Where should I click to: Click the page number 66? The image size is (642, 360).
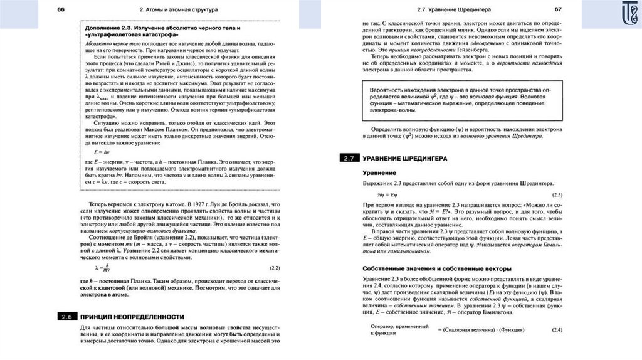tap(61, 9)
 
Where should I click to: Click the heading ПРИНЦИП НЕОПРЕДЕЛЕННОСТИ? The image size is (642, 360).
tap(133, 316)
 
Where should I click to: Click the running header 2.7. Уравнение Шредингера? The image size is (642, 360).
tap(449, 9)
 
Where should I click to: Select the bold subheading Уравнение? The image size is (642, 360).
tap(379, 172)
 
